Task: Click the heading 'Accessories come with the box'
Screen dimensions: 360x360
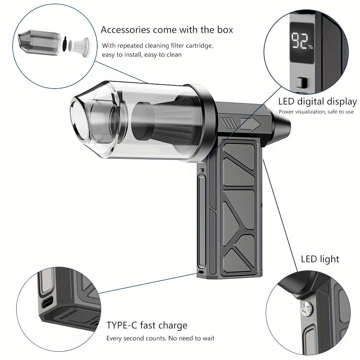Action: pos(167,30)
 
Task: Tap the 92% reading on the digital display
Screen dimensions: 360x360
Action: pos(302,41)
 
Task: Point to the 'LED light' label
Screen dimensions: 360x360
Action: pos(320,259)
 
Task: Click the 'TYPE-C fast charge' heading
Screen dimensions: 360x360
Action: pos(147,325)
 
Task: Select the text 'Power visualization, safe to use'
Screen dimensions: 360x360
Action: pos(316,112)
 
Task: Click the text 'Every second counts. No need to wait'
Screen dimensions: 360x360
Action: pos(160,338)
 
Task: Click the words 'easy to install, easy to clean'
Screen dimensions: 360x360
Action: pos(141,55)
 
